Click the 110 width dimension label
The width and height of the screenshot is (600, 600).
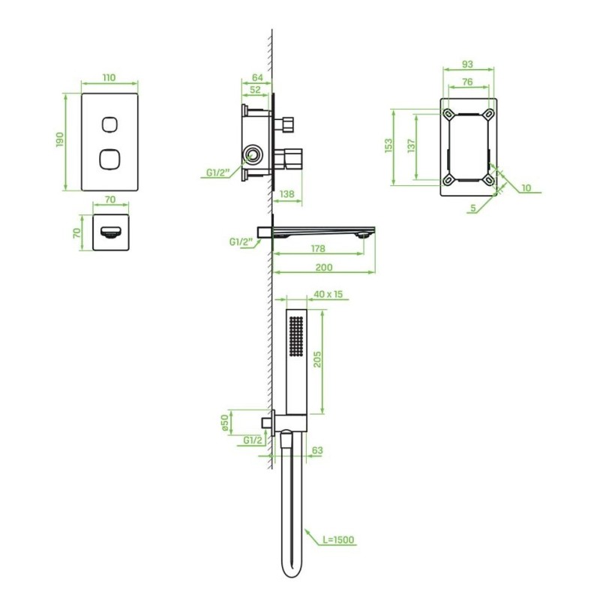pyautogui.click(x=109, y=78)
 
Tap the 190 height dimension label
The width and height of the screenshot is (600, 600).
pyautogui.click(x=60, y=139)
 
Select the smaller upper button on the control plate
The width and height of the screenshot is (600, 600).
pyautogui.click(x=109, y=124)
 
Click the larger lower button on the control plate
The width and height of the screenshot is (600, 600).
pyautogui.click(x=109, y=159)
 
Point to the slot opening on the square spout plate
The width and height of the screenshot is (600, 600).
pyautogui.click(x=111, y=232)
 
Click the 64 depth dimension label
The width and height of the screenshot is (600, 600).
pyautogui.click(x=257, y=77)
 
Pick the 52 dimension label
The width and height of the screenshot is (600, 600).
pyautogui.click(x=255, y=89)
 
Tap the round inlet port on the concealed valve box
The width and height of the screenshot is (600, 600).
pyautogui.click(x=252, y=155)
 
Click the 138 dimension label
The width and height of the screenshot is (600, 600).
pyautogui.click(x=287, y=194)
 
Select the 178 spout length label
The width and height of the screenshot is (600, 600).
pyautogui.click(x=318, y=249)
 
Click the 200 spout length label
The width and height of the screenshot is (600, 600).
pyautogui.click(x=324, y=268)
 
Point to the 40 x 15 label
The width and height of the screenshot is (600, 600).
pyautogui.click(x=328, y=294)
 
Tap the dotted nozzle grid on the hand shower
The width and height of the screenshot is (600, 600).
pyautogui.click(x=296, y=336)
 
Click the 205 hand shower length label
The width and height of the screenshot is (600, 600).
pyautogui.click(x=317, y=359)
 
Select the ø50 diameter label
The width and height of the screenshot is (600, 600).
pyautogui.click(x=225, y=422)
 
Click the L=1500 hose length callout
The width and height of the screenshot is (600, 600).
pyautogui.click(x=339, y=540)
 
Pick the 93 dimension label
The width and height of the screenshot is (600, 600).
pyautogui.click(x=467, y=64)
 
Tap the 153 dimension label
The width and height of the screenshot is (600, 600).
pyautogui.click(x=388, y=145)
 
